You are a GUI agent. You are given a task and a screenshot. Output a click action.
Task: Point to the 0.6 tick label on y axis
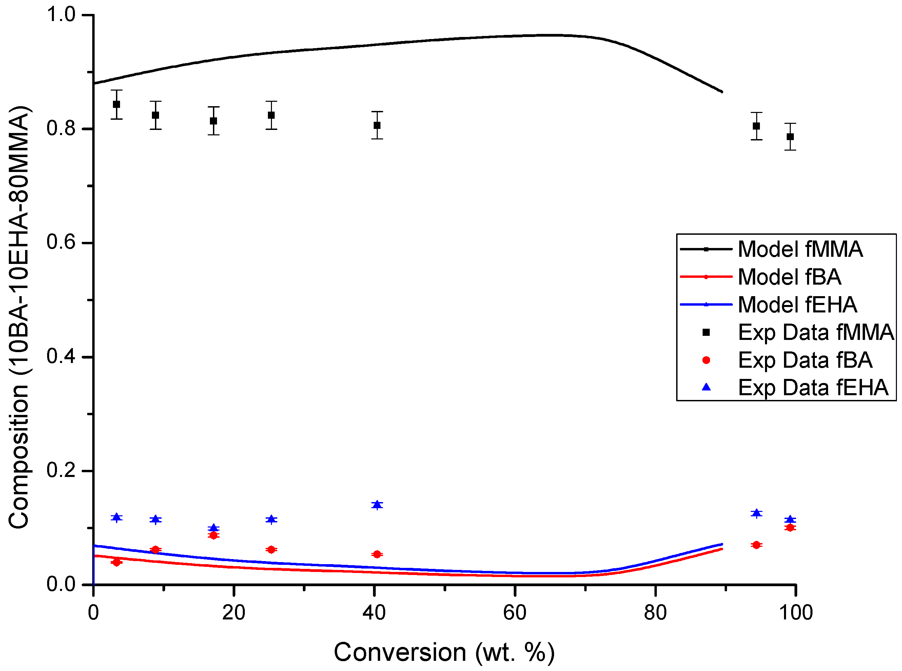click(x=61, y=243)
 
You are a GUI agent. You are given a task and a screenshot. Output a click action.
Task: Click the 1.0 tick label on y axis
click(x=61, y=15)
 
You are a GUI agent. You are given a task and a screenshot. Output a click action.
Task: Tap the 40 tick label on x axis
click(x=373, y=613)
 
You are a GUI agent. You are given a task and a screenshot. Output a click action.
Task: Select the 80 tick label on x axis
click(x=655, y=613)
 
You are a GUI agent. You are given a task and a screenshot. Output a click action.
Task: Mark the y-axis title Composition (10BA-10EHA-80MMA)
click(x=19, y=317)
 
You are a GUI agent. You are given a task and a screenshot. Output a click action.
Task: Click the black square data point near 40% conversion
click(x=377, y=125)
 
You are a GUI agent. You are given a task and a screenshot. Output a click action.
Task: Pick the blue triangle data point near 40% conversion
click(x=377, y=505)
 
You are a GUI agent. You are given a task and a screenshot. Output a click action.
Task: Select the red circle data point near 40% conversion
click(x=377, y=554)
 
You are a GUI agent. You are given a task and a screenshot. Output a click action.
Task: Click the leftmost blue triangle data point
click(x=117, y=517)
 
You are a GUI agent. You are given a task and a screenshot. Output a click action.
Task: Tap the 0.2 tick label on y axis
click(x=61, y=471)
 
